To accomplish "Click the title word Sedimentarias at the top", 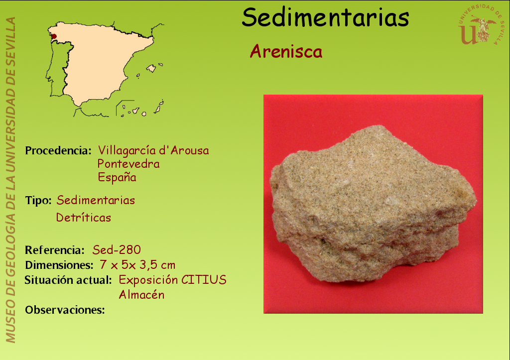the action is pos(325,17).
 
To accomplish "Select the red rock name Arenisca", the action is pos(286,51).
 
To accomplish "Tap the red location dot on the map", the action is pos(54,36).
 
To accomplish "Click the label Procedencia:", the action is pos(58,150).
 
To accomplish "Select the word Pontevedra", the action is pos(128,164).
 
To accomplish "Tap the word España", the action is pos(117,177).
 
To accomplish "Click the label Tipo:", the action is pos(38,200).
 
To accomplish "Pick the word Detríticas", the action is pos(84,217).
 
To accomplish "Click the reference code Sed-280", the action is pos(117,250).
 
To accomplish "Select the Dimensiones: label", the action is pos(59,265).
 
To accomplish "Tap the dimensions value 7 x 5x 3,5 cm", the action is pos(137,265).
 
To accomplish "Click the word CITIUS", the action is pos(204,280).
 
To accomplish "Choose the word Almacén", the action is pos(141,295).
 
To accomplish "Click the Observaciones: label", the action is pos(65,310).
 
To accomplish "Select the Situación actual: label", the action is pos(68,280).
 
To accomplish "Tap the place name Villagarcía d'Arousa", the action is pos(153,150).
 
